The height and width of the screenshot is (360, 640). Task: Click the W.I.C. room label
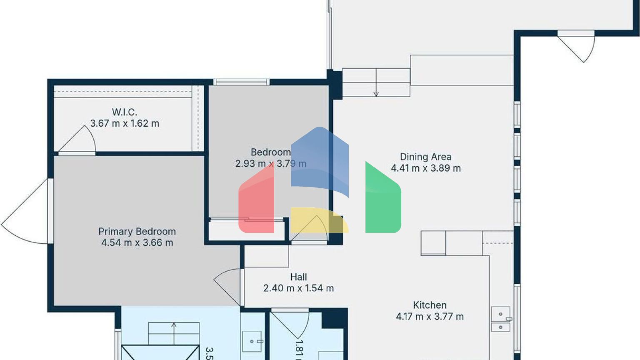point(124,112)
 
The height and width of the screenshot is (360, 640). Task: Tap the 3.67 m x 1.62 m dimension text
point(125,123)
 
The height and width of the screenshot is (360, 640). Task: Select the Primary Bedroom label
point(137,231)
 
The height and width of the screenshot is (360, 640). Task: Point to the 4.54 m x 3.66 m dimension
point(137,242)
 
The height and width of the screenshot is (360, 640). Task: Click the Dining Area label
point(425,157)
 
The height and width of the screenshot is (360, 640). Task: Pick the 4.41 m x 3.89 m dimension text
point(425,168)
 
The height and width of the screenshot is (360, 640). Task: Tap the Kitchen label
point(430,305)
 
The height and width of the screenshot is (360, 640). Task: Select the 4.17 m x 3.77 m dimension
point(430,316)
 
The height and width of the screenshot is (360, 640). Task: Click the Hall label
point(298,277)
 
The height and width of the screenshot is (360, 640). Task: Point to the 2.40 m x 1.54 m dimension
point(298,288)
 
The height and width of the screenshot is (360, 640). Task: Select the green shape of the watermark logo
point(383,200)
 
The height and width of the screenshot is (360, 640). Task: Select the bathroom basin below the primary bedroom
point(252,341)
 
